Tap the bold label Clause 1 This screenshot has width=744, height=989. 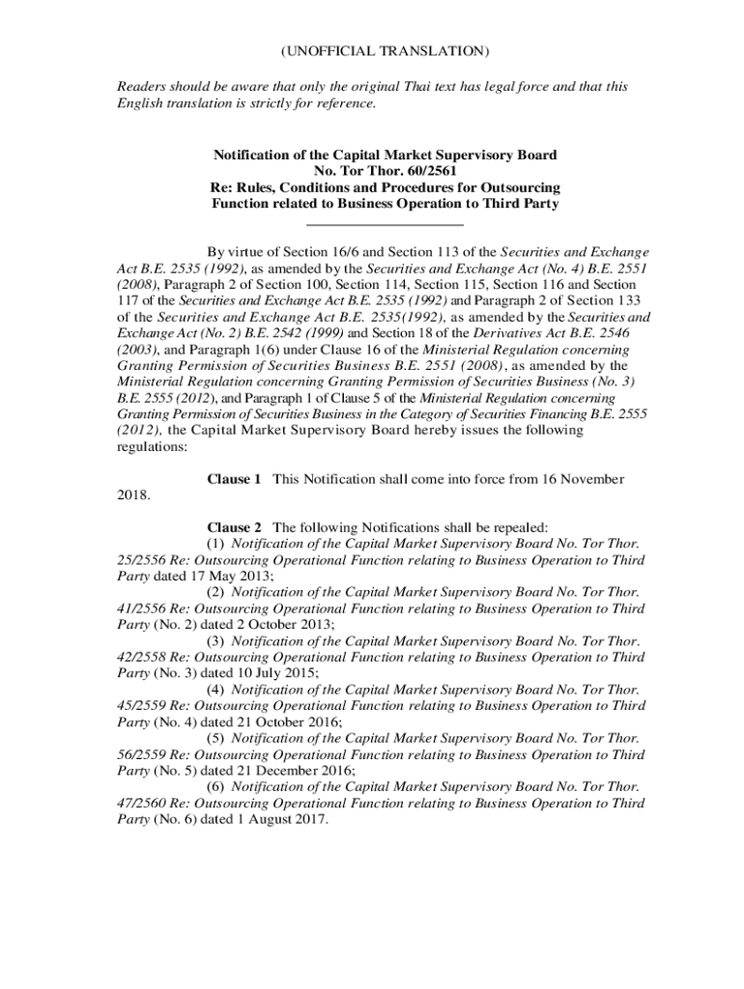click(x=235, y=479)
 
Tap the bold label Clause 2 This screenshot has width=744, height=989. click(x=235, y=527)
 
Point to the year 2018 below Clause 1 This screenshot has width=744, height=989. click(x=133, y=495)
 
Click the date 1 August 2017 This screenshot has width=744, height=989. click(x=280, y=820)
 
